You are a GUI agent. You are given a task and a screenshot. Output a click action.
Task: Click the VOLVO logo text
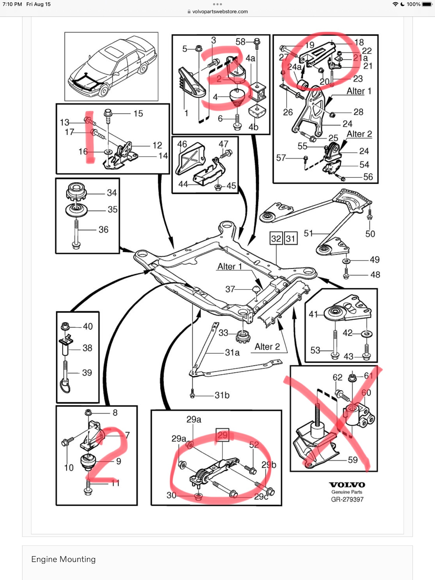pos(347,485)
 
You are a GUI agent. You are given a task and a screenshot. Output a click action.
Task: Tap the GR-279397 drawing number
pos(347,499)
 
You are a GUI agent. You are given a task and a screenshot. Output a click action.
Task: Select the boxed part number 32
pos(276,239)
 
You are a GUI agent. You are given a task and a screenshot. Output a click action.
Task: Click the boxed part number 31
pos(290,239)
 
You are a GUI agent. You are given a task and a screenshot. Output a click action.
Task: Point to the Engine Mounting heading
pos(63,559)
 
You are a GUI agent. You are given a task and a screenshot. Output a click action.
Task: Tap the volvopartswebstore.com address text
pos(220,12)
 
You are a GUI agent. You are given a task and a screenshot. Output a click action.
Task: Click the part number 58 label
pos(240,42)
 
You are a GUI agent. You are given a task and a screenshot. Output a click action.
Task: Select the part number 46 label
pos(182,144)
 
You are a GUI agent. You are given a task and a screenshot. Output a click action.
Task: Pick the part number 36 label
pos(103,230)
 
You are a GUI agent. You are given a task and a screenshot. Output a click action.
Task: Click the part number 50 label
pos(370,234)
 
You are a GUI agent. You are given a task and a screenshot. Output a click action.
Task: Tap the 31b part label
pos(222,395)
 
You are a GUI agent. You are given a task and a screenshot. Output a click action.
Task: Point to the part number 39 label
pos(87,373)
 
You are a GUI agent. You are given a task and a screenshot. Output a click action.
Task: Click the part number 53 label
pos(315,350)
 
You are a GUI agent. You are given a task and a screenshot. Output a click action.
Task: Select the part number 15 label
pos(138,113)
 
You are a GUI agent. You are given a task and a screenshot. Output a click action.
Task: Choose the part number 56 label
pos(368,177)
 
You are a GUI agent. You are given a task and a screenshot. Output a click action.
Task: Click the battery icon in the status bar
pos(427,4)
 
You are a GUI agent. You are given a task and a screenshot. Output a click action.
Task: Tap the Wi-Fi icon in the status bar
pos(395,4)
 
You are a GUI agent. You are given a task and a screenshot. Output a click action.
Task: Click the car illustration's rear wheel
pos(143,69)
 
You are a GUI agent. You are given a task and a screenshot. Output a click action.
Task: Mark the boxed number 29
pos(222,435)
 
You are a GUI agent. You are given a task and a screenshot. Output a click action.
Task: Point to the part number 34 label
pos(112,193)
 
